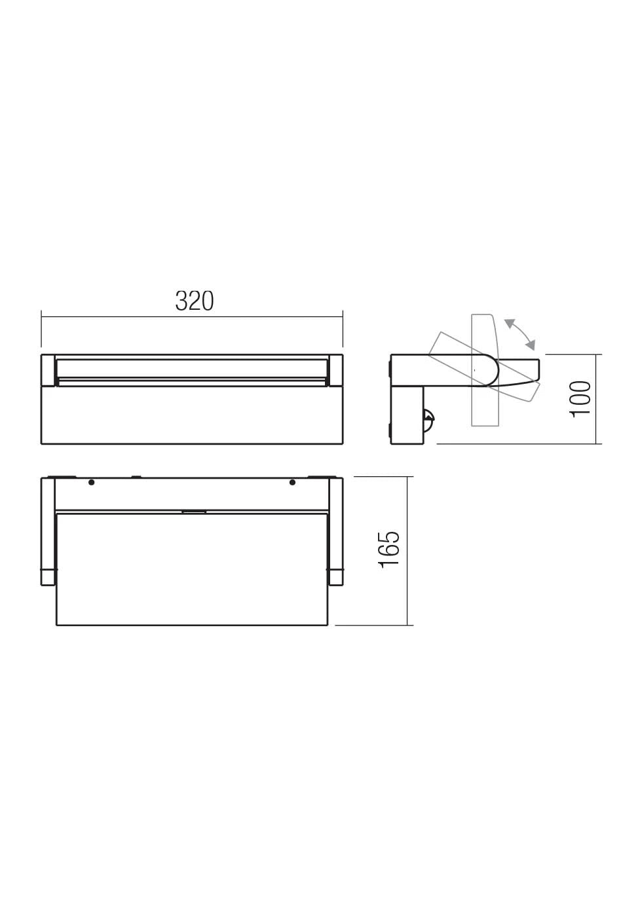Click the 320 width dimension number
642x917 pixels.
tap(195, 301)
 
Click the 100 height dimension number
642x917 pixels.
tap(580, 398)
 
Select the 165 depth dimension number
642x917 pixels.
tap(390, 549)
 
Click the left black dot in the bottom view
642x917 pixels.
tap(92, 483)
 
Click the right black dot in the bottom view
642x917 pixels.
tap(292, 483)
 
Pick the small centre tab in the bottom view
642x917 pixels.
tap(194, 511)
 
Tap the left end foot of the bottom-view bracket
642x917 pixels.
tap(48, 577)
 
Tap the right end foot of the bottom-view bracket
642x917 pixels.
tap(335, 577)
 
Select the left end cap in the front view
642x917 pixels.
tap(48, 370)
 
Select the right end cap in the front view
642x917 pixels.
tap(335, 370)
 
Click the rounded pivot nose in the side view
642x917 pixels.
tap(491, 371)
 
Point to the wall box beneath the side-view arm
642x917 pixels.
tap(407, 415)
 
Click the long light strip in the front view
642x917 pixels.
tap(191, 368)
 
